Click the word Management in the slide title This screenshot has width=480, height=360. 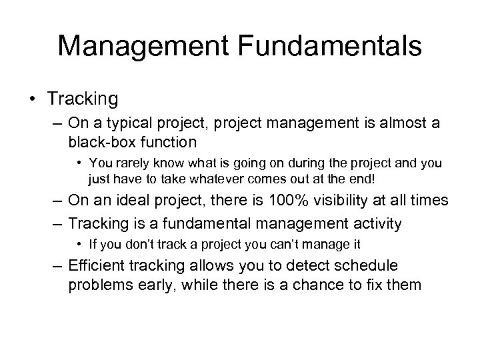(141, 46)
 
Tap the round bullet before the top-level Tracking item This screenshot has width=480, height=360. (33, 100)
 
